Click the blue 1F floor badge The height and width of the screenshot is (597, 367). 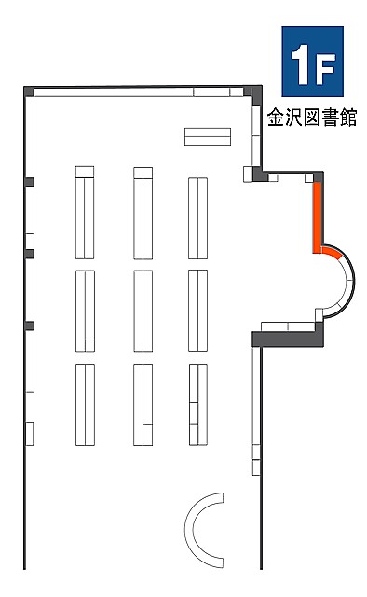pyautogui.click(x=312, y=62)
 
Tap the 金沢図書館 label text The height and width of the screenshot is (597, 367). pyautogui.click(x=312, y=118)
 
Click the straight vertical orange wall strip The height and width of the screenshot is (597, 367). pyautogui.click(x=318, y=217)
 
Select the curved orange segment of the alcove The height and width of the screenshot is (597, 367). pyautogui.click(x=332, y=251)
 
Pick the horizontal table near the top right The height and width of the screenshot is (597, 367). pyautogui.click(x=208, y=136)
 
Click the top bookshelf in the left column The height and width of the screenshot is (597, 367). pyautogui.click(x=85, y=213)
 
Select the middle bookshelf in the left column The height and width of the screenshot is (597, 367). pyautogui.click(x=85, y=311)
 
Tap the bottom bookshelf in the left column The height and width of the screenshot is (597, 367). pyautogui.click(x=85, y=405)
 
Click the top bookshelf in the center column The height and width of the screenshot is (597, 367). pyautogui.click(x=143, y=214)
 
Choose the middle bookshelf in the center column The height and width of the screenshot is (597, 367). pyautogui.click(x=143, y=311)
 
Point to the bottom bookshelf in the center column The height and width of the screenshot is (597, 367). pyautogui.click(x=143, y=405)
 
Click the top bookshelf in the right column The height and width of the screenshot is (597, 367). pyautogui.click(x=197, y=218)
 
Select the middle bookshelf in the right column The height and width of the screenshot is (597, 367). pyautogui.click(x=197, y=311)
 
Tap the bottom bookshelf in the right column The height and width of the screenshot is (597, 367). pyautogui.click(x=198, y=404)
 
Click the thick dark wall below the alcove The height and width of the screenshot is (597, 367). pyautogui.click(x=288, y=339)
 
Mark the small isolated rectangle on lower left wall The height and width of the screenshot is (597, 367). pyautogui.click(x=29, y=433)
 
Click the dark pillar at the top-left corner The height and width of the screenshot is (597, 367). pyautogui.click(x=29, y=91)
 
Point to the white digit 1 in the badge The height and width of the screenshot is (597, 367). pyautogui.click(x=301, y=64)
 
